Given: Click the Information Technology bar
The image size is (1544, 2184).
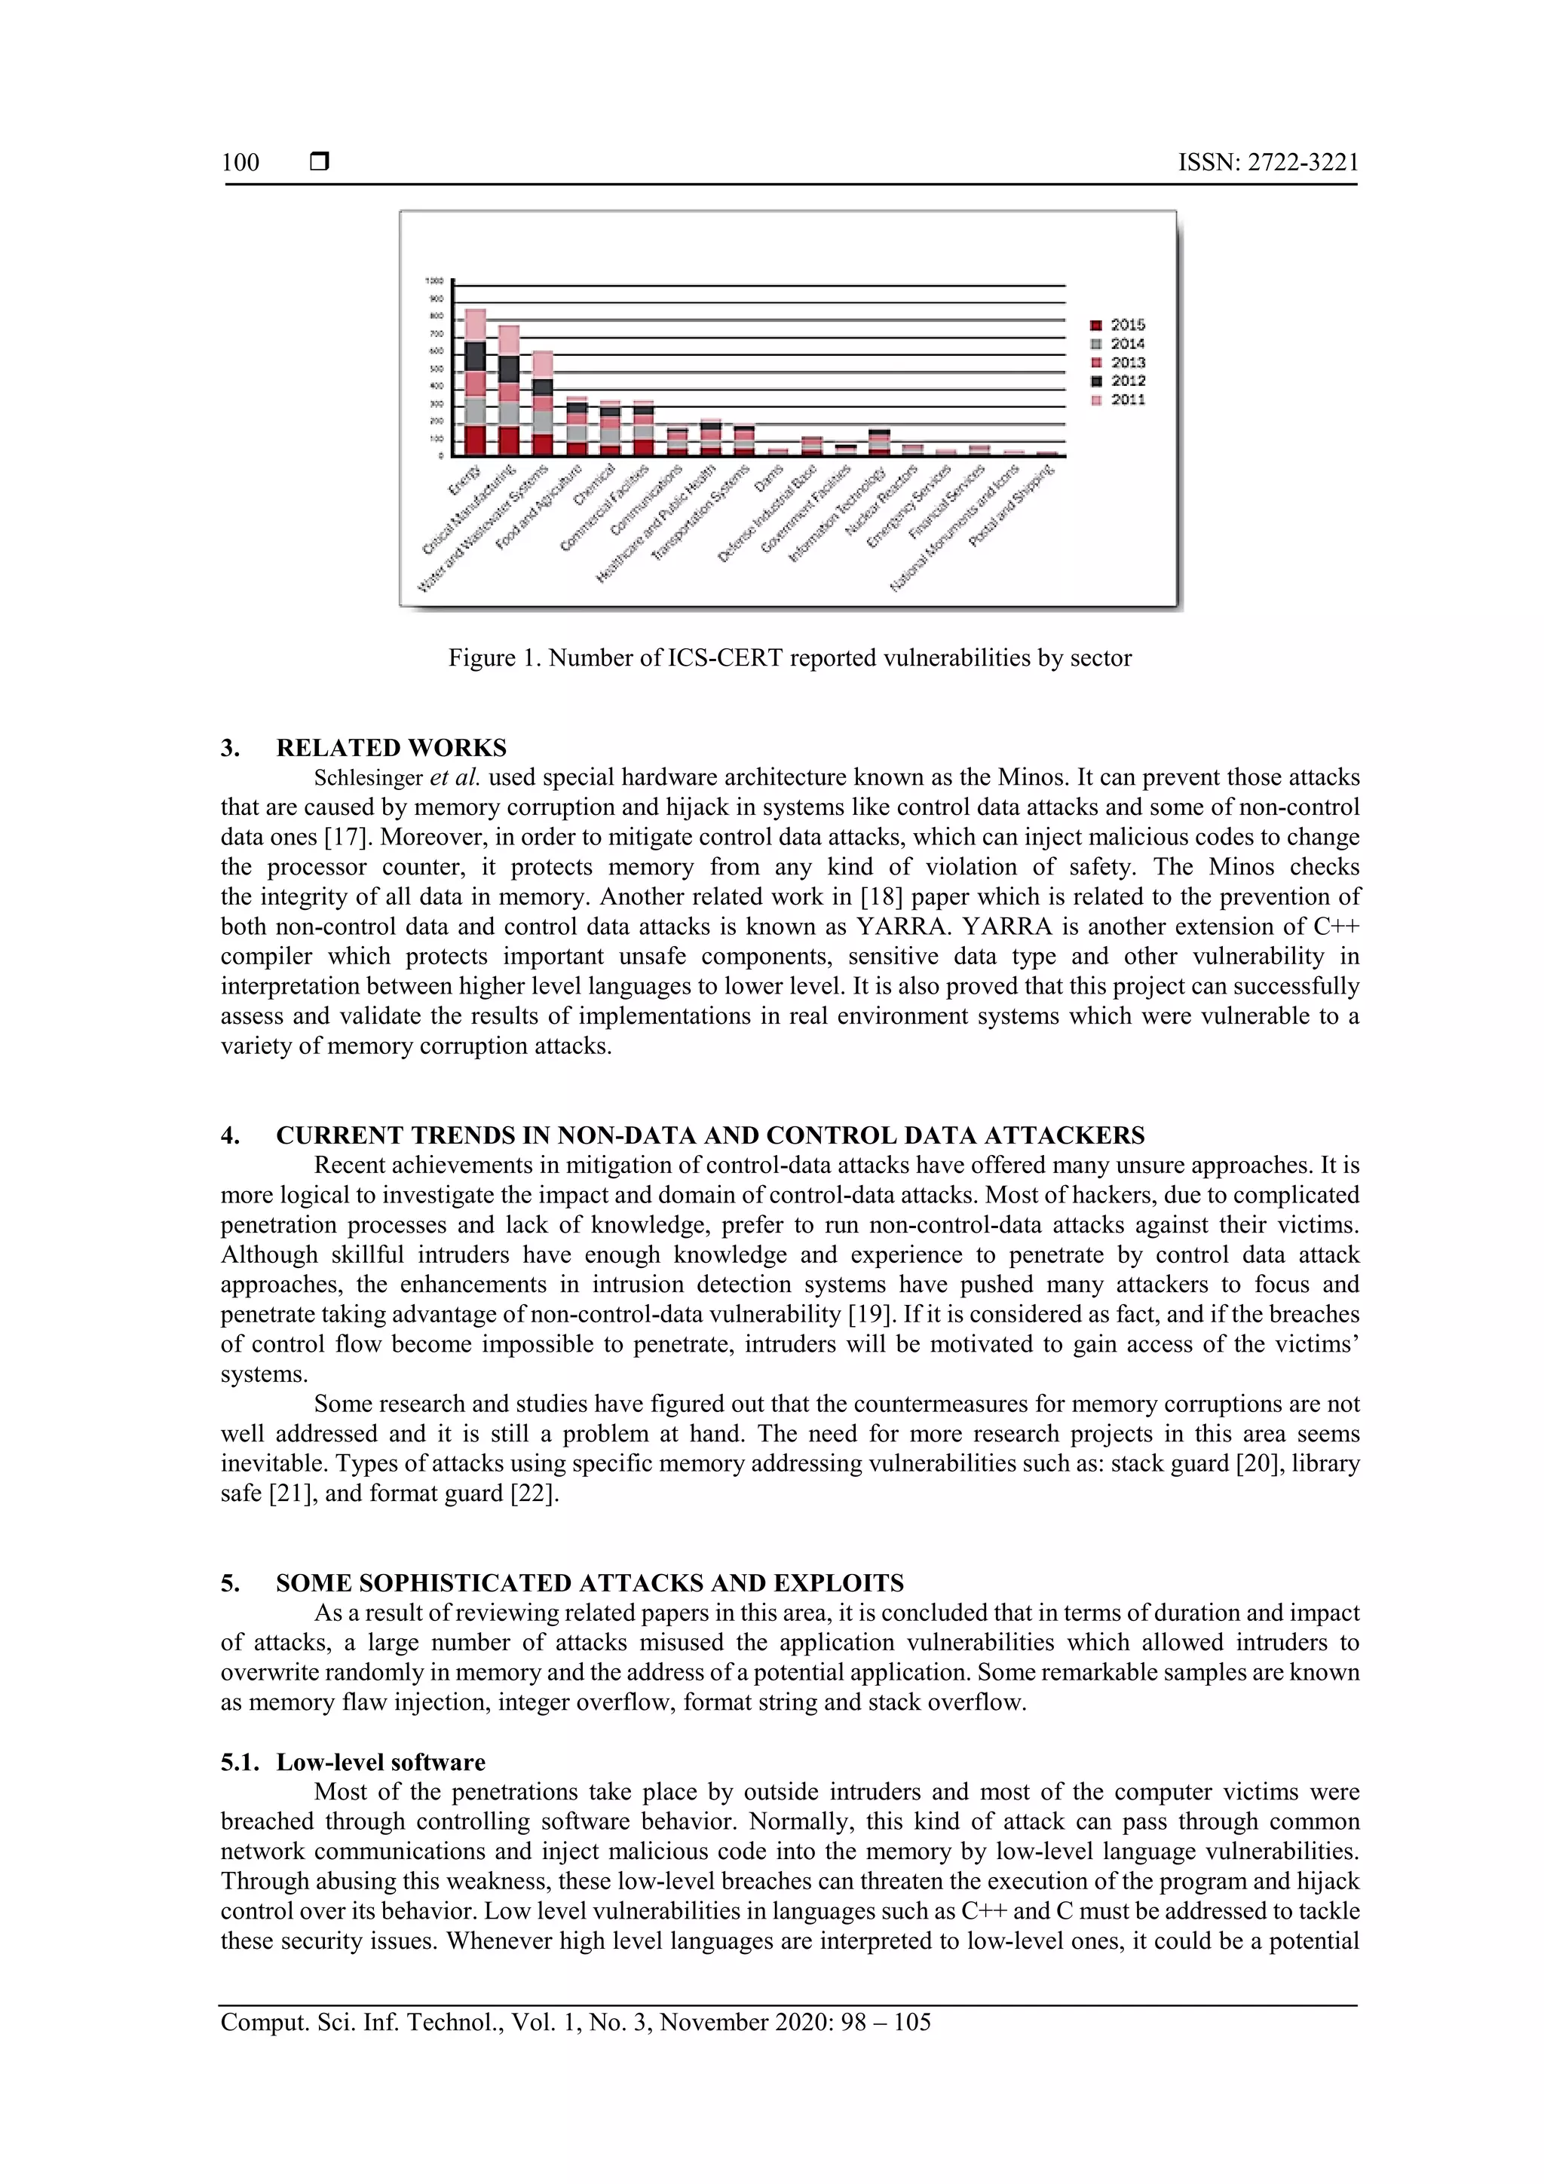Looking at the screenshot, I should click(x=879, y=443).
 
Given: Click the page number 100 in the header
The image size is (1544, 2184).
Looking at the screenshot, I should click(x=240, y=163).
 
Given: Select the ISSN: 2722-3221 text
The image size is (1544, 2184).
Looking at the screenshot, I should click(x=1268, y=163).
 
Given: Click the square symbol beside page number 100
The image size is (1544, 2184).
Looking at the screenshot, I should click(x=320, y=163).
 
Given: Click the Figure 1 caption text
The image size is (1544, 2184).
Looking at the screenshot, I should click(x=789, y=658).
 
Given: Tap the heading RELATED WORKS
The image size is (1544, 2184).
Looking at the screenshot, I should click(x=391, y=748).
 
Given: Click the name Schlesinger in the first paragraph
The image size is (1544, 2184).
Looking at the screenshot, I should click(x=368, y=778).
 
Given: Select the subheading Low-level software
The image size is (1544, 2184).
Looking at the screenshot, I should click(x=381, y=1763).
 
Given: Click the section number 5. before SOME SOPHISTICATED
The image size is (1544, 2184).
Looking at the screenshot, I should click(x=229, y=1584).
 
